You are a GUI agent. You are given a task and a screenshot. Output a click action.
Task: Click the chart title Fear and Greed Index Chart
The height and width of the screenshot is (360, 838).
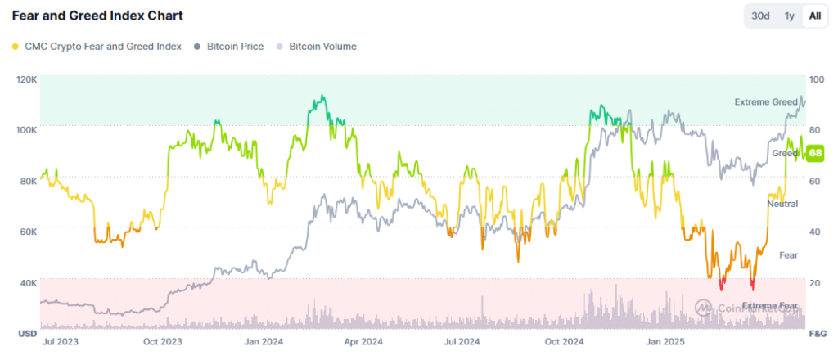coord(97,16)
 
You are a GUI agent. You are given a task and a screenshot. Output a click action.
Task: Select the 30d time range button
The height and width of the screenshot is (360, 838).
coord(761,16)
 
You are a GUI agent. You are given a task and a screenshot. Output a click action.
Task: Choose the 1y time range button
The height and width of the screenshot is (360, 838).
coord(789,16)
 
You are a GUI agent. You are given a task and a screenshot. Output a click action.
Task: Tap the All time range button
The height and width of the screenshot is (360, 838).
coord(814,16)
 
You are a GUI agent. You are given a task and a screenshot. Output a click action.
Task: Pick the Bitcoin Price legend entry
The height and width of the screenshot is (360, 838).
coord(229,47)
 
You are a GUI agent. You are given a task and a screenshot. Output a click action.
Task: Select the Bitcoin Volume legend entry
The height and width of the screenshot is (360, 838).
coord(317,47)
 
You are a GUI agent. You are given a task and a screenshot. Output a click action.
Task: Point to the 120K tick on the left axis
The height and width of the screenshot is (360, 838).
coord(26,79)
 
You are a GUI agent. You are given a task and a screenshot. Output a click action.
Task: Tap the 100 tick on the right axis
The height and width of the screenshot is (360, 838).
coord(816,79)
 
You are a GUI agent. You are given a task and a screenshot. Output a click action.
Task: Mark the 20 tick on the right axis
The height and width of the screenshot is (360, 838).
coord(814,283)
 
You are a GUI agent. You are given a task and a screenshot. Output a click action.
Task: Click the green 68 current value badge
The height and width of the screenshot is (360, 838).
coord(815,153)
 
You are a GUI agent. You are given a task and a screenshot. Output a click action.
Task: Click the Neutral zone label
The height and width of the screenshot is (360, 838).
coord(782,203)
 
